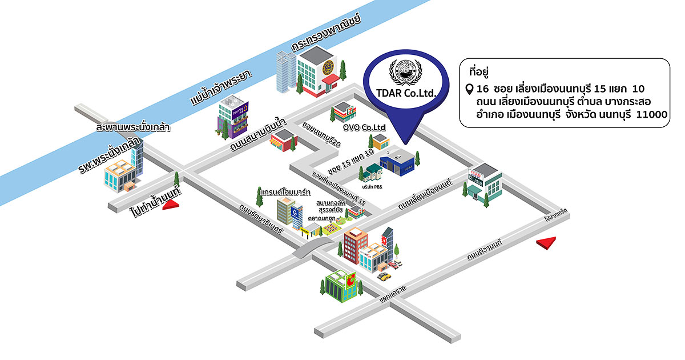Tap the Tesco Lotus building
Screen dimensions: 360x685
[480, 181]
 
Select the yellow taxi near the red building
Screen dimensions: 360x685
[384, 277]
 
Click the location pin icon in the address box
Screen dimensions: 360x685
[469, 90]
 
